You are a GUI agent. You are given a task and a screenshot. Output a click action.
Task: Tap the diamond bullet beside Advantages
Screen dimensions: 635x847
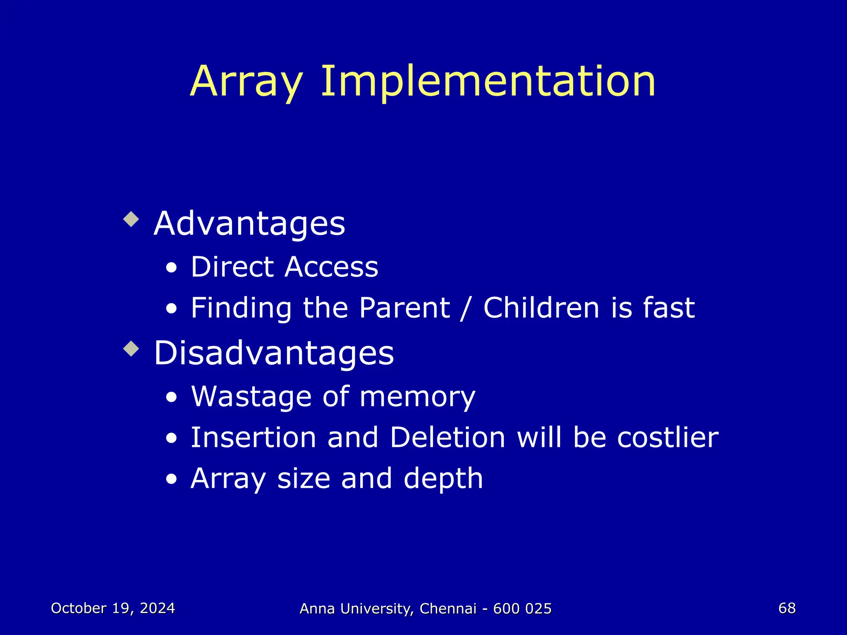[131, 219]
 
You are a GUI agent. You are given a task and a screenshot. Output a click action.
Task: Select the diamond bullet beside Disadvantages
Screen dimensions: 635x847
[131, 349]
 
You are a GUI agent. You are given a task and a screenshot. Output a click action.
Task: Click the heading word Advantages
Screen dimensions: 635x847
[249, 224]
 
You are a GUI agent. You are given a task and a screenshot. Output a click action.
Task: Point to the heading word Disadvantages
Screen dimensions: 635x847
[273, 353]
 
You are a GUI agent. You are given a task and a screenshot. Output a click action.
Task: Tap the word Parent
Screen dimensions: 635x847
[404, 308]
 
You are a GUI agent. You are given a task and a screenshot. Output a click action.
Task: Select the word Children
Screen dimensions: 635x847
[541, 308]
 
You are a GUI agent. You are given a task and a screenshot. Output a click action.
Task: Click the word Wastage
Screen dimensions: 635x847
[251, 397]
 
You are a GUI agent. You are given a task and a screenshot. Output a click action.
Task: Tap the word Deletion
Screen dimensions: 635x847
[447, 437]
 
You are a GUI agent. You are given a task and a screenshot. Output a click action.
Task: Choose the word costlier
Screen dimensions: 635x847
[668, 437]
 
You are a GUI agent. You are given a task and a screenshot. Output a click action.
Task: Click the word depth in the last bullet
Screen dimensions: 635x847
[443, 479]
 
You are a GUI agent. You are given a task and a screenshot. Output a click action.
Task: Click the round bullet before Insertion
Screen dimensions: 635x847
[171, 439]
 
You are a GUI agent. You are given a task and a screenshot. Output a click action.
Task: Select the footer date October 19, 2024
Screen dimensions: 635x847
[113, 608]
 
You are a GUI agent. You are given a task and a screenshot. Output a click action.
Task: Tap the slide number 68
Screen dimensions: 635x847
[787, 608]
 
